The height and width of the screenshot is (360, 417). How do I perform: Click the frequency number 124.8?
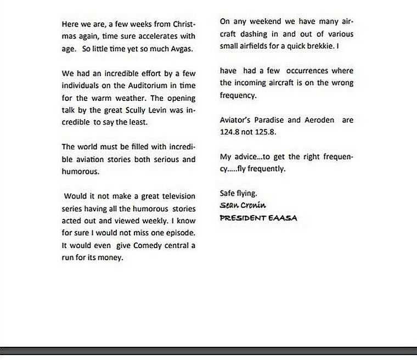230,132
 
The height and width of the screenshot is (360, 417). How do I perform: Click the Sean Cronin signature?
243,205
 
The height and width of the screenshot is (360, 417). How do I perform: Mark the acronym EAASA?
283,217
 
